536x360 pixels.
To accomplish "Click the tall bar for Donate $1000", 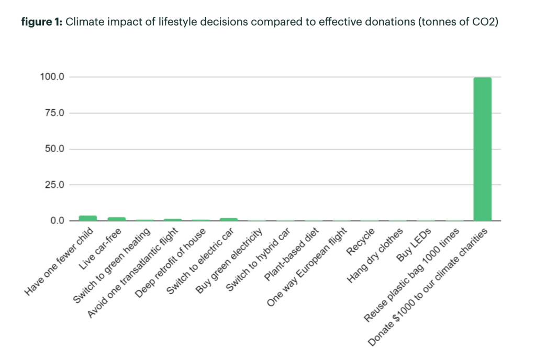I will coord(482,149).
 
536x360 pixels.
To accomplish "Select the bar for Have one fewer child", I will coord(87,218).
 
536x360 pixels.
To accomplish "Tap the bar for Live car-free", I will coord(116,219).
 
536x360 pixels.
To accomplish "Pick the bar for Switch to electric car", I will coord(229,219).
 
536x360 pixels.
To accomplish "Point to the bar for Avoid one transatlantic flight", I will coord(172,220).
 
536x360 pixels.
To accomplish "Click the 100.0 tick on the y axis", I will coord(52,77).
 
